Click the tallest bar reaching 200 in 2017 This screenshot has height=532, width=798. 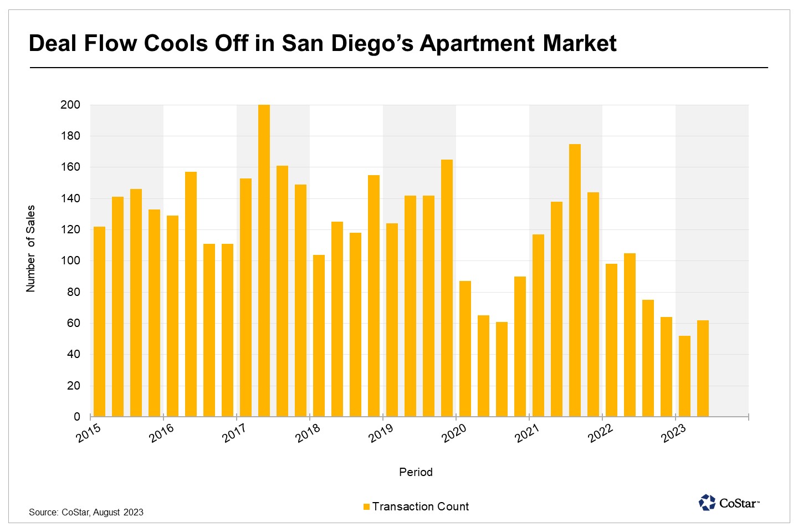[x=264, y=260]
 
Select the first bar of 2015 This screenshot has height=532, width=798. [x=99, y=321]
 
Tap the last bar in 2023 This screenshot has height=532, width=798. [x=703, y=369]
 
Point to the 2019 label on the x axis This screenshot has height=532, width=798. [x=381, y=433]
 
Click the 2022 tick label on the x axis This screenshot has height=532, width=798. [x=600, y=433]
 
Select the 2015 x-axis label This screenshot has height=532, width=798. [x=88, y=433]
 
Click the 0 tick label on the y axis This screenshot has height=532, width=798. [x=77, y=417]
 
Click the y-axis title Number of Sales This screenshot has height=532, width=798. [x=30, y=248]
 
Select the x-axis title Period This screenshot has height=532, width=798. [x=416, y=472]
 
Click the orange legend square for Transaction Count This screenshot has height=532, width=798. [x=366, y=507]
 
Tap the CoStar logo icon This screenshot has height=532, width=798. [x=707, y=503]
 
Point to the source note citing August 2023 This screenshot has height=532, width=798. [x=86, y=512]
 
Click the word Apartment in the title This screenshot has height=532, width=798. [x=477, y=43]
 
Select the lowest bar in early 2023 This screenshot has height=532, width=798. [x=684, y=376]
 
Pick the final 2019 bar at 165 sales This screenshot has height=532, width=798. [x=447, y=288]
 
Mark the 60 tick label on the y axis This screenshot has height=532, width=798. [x=73, y=323]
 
